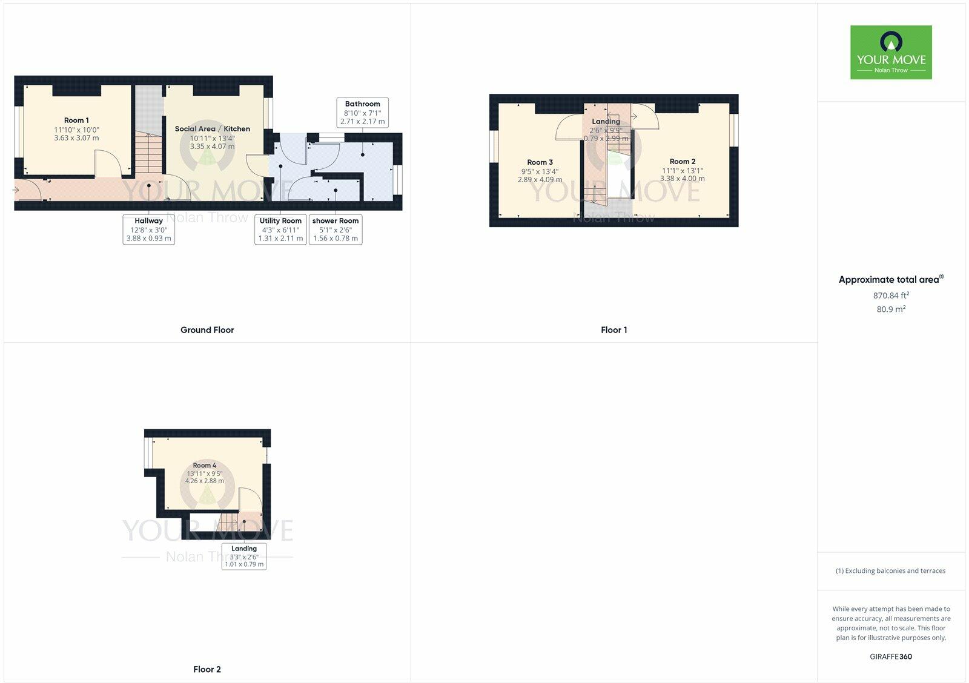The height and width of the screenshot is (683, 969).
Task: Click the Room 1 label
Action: point(76,120)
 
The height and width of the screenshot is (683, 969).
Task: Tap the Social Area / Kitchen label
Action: point(212,129)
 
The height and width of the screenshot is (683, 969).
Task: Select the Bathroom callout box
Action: point(362,113)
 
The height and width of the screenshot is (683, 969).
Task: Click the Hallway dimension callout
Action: point(148,229)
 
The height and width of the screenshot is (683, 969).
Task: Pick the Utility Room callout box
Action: point(280,229)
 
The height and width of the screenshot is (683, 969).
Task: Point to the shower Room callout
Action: point(336,229)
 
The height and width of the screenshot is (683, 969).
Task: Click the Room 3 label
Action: point(540,162)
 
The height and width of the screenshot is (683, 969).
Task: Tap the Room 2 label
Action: point(682,162)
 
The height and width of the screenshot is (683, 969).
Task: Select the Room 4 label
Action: point(205,466)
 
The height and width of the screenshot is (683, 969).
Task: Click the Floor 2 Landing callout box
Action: point(244,556)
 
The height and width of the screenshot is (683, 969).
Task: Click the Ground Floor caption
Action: point(207,330)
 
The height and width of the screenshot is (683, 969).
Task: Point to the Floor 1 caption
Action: point(613,330)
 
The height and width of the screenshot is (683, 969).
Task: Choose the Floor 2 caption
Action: point(207,669)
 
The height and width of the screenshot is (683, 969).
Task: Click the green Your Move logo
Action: point(891,52)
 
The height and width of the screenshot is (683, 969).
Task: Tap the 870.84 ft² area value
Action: point(891,295)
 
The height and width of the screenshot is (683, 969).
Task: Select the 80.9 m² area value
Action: point(891,309)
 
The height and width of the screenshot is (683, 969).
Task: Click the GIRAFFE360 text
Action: point(891,656)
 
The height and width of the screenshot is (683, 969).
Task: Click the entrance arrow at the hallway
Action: point(16,190)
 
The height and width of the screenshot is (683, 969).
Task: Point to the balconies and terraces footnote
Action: point(890,570)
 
